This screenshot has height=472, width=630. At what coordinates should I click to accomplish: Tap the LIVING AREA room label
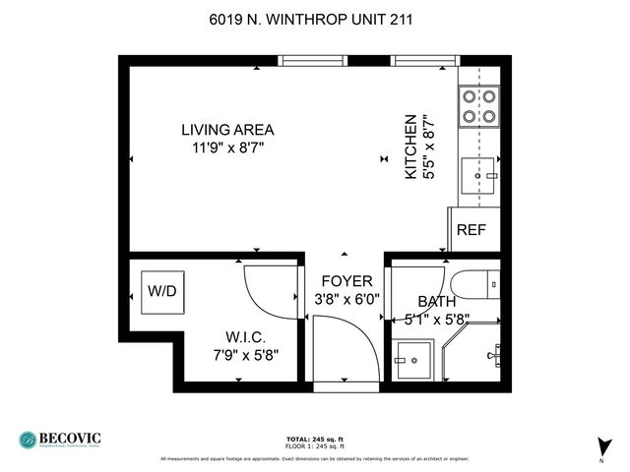[227, 130]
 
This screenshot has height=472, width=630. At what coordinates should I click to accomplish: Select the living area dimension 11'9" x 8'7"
[227, 147]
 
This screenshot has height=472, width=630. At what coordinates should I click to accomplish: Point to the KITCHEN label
[411, 146]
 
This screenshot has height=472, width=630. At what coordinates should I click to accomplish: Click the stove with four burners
[478, 105]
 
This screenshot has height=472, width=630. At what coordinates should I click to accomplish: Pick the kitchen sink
[481, 177]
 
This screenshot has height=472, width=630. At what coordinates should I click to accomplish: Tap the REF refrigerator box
[472, 231]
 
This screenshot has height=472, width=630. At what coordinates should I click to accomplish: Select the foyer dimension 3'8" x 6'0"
[347, 299]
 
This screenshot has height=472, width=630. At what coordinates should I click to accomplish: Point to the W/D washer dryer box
[161, 292]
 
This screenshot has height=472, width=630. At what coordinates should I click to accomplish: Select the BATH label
[436, 302]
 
